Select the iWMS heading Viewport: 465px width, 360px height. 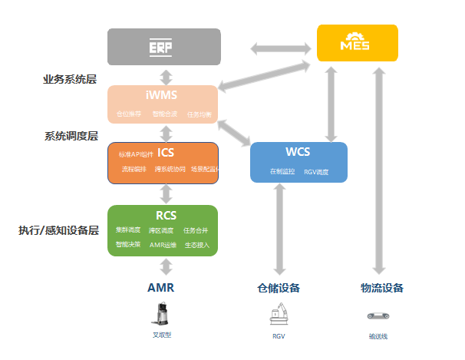[x=163, y=96]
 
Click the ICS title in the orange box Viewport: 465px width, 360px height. [x=166, y=153]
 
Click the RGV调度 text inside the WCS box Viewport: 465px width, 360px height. [x=316, y=172]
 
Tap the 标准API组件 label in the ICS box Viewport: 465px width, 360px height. [x=135, y=154]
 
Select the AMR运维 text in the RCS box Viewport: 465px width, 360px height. [x=163, y=245]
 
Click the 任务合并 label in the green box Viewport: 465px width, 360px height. [x=196, y=230]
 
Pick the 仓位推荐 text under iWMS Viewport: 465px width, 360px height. [x=129, y=114]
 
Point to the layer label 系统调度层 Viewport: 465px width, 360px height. [x=71, y=136]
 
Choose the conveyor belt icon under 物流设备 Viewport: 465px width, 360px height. [x=378, y=315]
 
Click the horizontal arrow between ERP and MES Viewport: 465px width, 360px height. [x=269, y=48]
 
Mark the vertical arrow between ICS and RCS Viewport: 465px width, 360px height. [x=164, y=194]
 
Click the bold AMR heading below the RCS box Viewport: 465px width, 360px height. [x=162, y=288]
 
